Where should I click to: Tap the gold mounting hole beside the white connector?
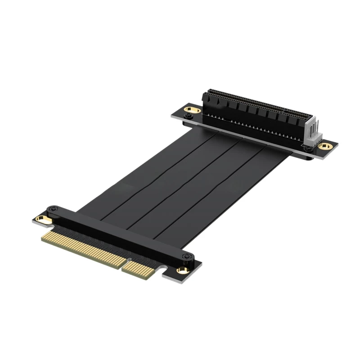point(324,146)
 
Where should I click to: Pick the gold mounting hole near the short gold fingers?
point(182,270)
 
